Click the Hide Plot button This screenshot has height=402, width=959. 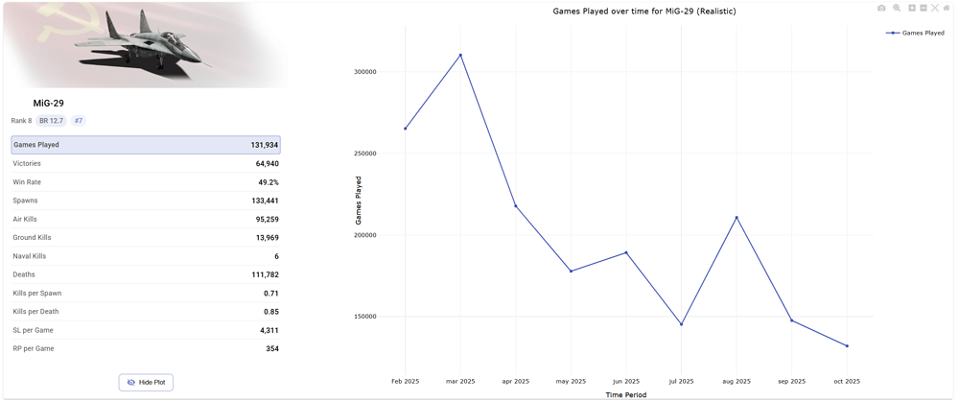(146, 382)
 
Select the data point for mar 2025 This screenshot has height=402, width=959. (460, 55)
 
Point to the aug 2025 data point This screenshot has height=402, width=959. (737, 218)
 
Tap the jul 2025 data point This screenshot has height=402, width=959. (681, 324)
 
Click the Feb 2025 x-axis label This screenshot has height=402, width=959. (405, 381)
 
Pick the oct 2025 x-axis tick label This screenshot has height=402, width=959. (847, 381)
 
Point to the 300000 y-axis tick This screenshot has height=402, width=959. (363, 72)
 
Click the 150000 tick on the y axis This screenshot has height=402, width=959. (363, 317)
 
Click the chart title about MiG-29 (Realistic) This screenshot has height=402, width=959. (644, 12)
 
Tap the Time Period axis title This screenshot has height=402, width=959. (625, 394)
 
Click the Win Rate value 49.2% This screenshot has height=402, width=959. (268, 182)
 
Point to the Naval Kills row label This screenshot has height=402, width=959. (29, 256)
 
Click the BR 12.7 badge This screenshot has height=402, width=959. (51, 121)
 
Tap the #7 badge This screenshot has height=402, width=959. (79, 121)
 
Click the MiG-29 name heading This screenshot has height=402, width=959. (48, 103)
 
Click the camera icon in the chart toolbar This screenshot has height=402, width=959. (881, 9)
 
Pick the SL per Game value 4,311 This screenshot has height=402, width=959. (269, 330)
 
